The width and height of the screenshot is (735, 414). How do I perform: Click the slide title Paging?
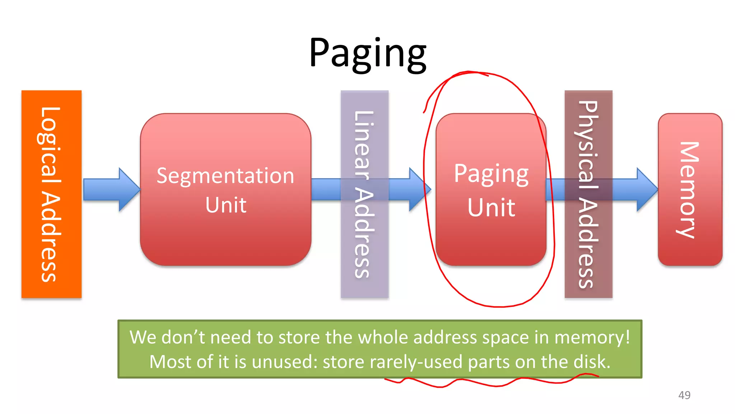pos(367,53)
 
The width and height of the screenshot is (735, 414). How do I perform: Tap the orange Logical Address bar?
pos(51,194)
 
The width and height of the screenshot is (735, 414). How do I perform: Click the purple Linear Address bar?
pos(364,194)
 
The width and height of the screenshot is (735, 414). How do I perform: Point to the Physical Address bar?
pos(588,194)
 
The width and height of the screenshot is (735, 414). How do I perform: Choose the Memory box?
pos(689,190)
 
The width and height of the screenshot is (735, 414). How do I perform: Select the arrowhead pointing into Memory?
pos(646,189)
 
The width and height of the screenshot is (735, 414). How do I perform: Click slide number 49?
pos(684,395)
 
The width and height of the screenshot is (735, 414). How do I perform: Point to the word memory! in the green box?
pos(592,337)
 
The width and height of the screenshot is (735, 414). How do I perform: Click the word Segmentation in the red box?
pos(225,176)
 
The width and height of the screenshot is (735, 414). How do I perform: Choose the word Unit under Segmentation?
pos(226,205)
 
